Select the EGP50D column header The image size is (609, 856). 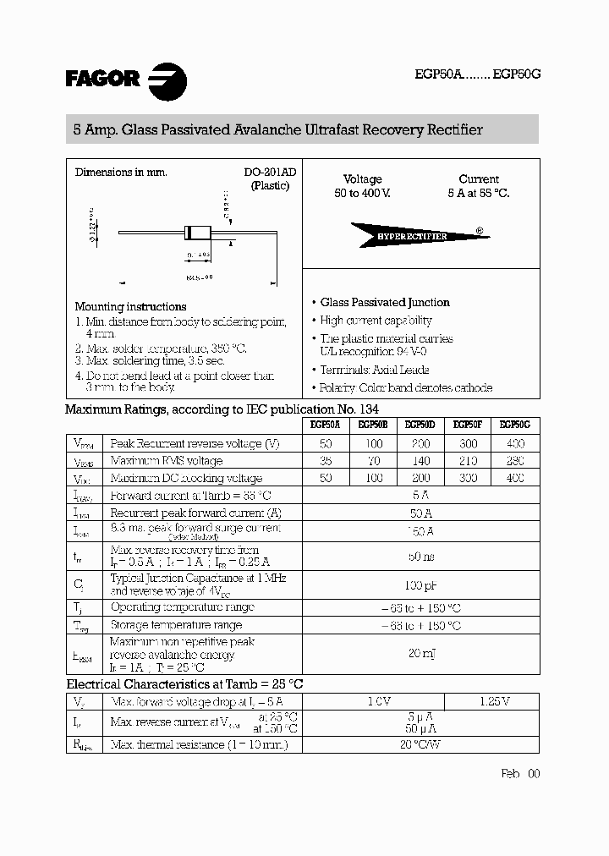[420, 425]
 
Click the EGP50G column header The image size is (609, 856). [515, 425]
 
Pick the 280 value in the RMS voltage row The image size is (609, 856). [515, 461]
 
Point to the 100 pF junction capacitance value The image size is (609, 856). [420, 584]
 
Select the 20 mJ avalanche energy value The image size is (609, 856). [420, 654]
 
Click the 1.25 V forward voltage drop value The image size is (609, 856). [491, 701]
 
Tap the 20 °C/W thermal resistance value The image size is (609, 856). [420, 744]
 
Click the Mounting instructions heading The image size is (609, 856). [130, 306]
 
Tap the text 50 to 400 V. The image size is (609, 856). [362, 194]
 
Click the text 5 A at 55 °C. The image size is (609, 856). [479, 194]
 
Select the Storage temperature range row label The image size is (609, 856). [176, 625]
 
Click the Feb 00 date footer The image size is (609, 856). [519, 773]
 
